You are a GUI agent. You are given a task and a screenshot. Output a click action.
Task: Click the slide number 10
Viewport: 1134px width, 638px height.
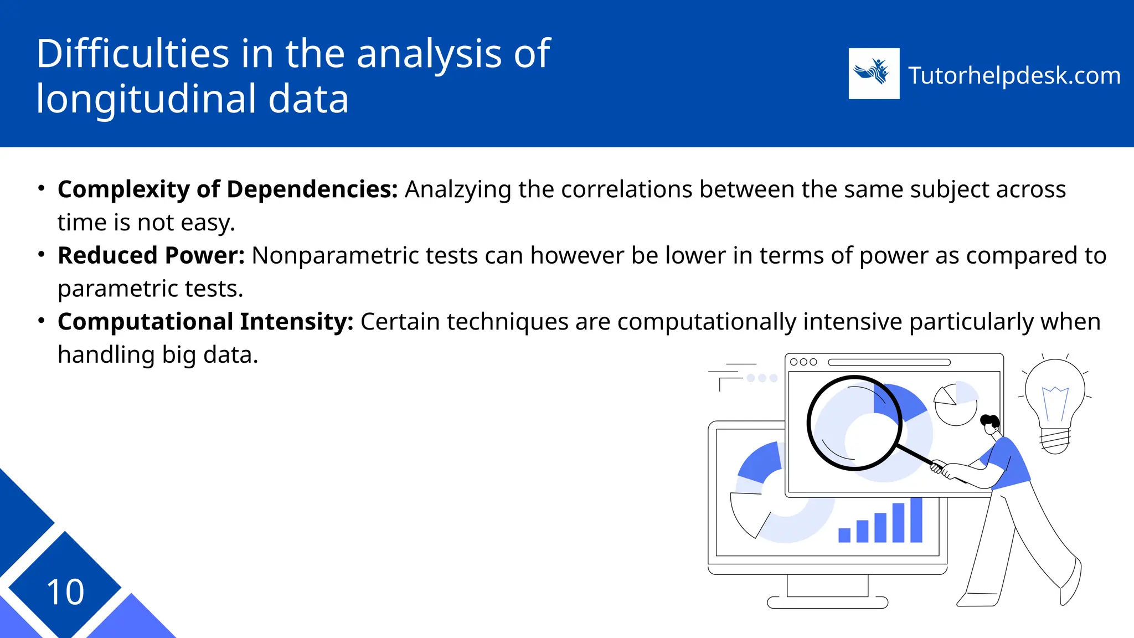click(x=65, y=592)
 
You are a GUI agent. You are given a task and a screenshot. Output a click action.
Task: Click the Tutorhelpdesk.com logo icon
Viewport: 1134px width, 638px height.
click(x=874, y=74)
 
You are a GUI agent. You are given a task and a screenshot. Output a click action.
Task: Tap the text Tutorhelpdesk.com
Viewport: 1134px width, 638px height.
click(x=1014, y=75)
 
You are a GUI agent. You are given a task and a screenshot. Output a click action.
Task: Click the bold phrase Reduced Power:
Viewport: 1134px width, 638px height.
click(x=151, y=255)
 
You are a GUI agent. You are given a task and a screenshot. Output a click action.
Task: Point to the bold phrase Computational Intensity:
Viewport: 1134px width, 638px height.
click(x=205, y=322)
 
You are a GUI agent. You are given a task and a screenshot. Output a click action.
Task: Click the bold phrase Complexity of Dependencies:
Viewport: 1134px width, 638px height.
click(x=228, y=189)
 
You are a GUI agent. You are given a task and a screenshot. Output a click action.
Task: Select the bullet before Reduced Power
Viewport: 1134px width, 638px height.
click(x=41, y=255)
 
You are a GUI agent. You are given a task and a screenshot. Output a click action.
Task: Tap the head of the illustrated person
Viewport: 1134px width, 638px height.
click(x=990, y=423)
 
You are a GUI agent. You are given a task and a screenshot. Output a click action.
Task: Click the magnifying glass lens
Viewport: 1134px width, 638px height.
click(x=854, y=423)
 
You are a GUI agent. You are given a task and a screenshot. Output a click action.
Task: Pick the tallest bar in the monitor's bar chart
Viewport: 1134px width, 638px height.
click(x=916, y=520)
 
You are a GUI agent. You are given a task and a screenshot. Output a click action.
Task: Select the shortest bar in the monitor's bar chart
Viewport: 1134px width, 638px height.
click(x=844, y=535)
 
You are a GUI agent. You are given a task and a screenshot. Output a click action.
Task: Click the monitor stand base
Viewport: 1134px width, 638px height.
click(x=827, y=602)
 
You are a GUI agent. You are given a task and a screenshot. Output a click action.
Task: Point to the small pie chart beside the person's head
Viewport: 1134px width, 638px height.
click(x=956, y=403)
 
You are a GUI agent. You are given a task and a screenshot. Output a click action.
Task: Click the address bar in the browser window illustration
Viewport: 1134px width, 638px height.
click(x=889, y=362)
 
